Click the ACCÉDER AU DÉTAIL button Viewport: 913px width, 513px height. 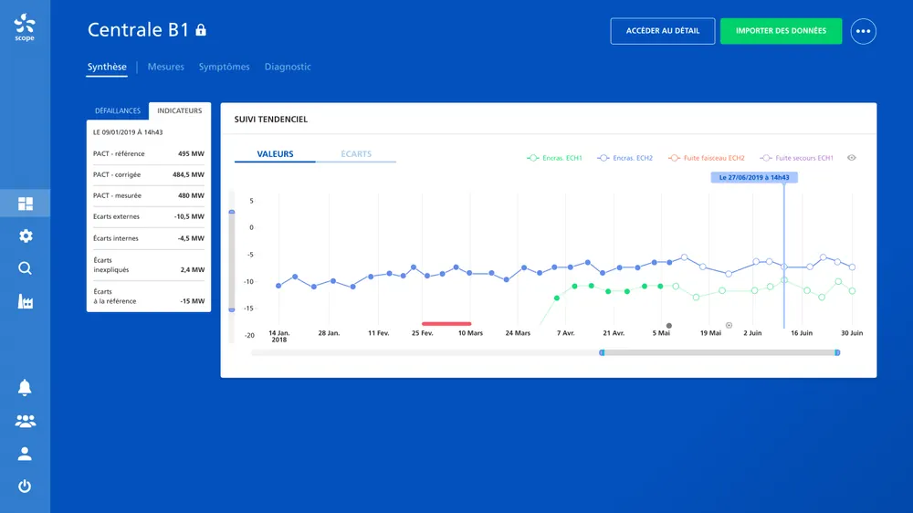[663, 31]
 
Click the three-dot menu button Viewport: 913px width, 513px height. [863, 31]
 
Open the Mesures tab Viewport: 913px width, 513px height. [166, 67]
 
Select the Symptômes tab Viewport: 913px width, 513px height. [225, 67]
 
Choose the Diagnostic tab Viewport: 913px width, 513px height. [288, 67]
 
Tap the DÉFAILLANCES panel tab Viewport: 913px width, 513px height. [118, 110]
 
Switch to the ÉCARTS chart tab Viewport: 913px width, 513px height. [356, 154]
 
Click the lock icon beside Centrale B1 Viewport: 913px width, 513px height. [201, 30]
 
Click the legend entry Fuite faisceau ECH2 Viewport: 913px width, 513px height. [707, 158]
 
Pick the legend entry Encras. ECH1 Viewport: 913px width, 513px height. [554, 158]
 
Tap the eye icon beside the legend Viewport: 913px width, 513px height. [851, 158]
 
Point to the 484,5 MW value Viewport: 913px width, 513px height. [188, 174]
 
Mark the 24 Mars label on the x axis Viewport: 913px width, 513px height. [518, 333]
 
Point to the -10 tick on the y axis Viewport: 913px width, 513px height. [249, 282]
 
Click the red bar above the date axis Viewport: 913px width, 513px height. [446, 324]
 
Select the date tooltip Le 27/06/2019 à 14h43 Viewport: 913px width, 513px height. [754, 178]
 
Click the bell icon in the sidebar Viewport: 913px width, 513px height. [25, 387]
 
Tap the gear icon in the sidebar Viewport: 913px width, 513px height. [25, 236]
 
